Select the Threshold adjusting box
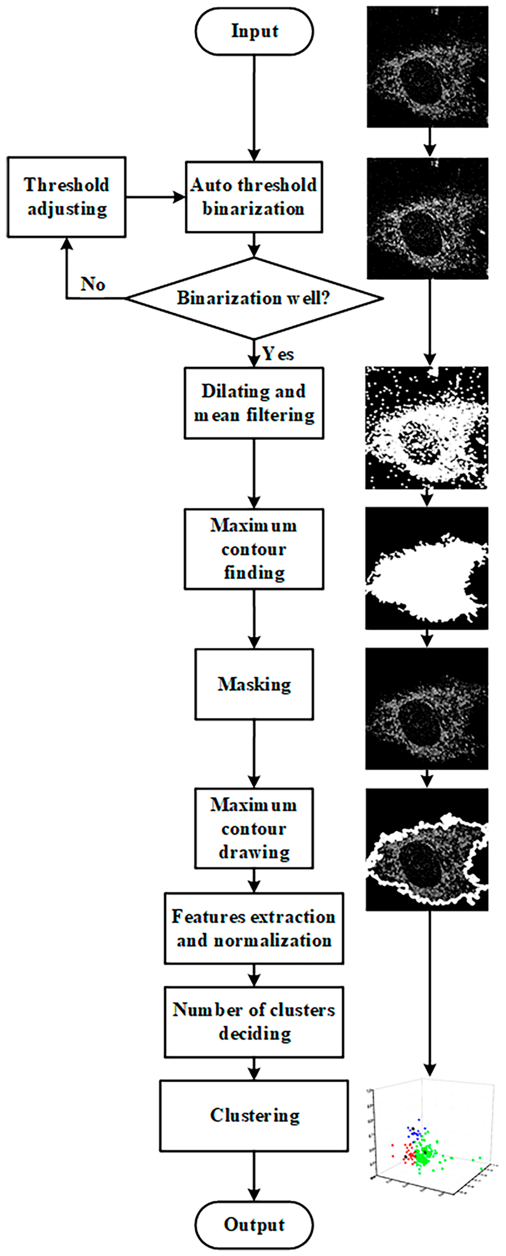point(66,197)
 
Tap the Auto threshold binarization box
point(254,197)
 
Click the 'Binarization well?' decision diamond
point(254,298)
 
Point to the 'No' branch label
point(93,284)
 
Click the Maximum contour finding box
point(254,549)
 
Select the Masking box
point(254,684)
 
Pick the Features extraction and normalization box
point(254,928)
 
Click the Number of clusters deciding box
point(254,1022)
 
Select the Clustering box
point(254,1116)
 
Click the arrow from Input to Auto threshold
point(254,107)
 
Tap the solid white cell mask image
point(426,568)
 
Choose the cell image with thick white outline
point(426,849)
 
